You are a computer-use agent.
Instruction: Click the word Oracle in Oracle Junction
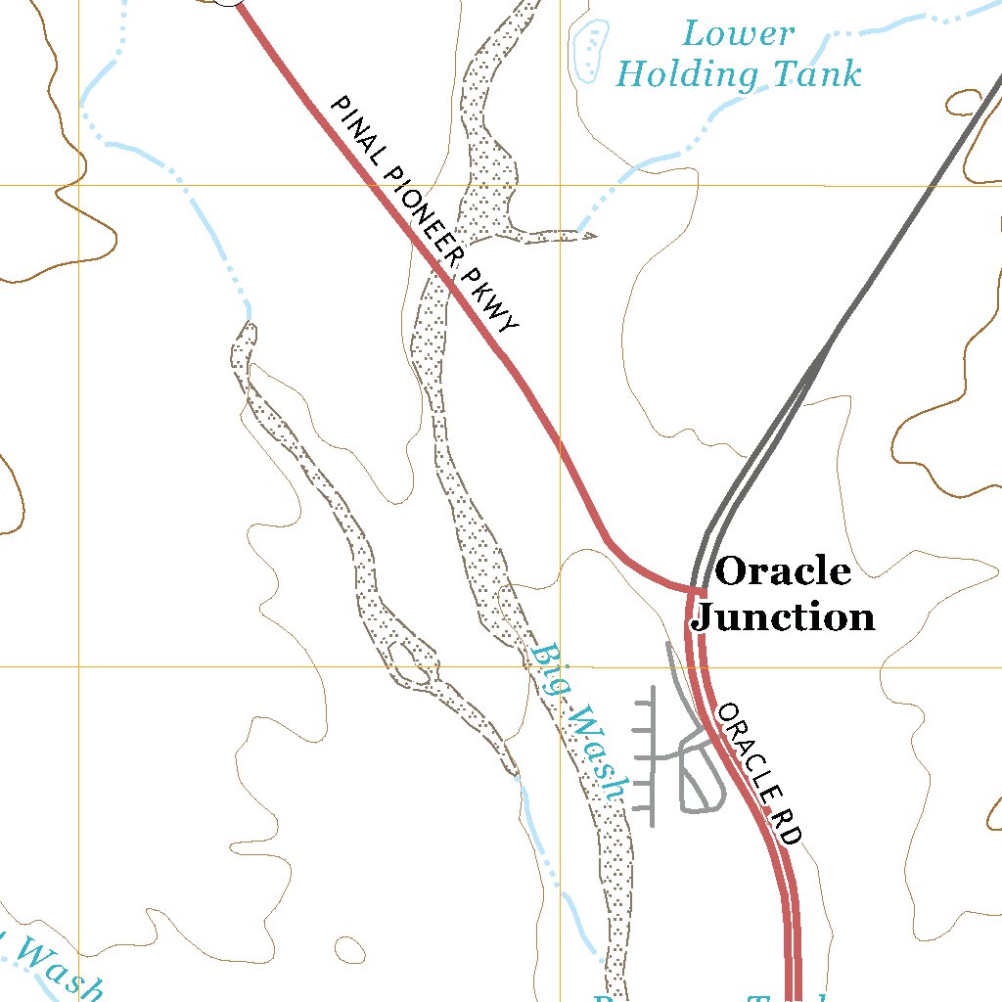[x=783, y=571]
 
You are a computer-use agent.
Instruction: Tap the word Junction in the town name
[x=783, y=616]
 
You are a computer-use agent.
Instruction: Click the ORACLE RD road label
[x=760, y=774]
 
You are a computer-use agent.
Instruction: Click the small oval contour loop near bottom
[x=348, y=948]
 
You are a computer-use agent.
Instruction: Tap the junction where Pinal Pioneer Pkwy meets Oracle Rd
[x=697, y=591]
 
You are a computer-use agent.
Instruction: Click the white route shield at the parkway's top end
[x=228, y=2]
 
